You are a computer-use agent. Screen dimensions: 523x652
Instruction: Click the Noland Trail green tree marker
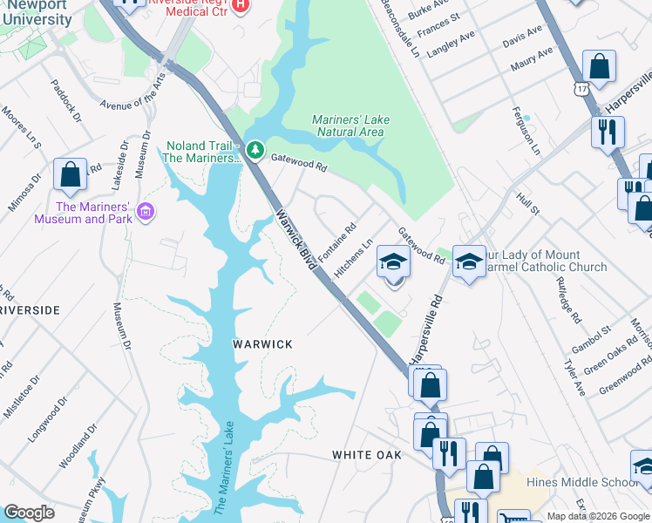tap(255, 150)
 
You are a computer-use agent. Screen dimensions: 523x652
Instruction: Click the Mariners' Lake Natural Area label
tap(350, 126)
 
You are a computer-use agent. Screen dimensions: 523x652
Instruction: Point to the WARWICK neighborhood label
tap(262, 344)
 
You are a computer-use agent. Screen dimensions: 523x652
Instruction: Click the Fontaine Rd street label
tap(337, 242)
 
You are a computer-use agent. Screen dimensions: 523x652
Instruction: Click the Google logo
tap(29, 513)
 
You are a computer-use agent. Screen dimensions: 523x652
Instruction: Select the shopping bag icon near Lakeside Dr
tap(70, 173)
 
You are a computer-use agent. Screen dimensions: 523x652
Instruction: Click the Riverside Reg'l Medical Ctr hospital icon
tap(241, 5)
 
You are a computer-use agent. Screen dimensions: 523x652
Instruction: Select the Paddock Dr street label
tap(65, 101)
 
